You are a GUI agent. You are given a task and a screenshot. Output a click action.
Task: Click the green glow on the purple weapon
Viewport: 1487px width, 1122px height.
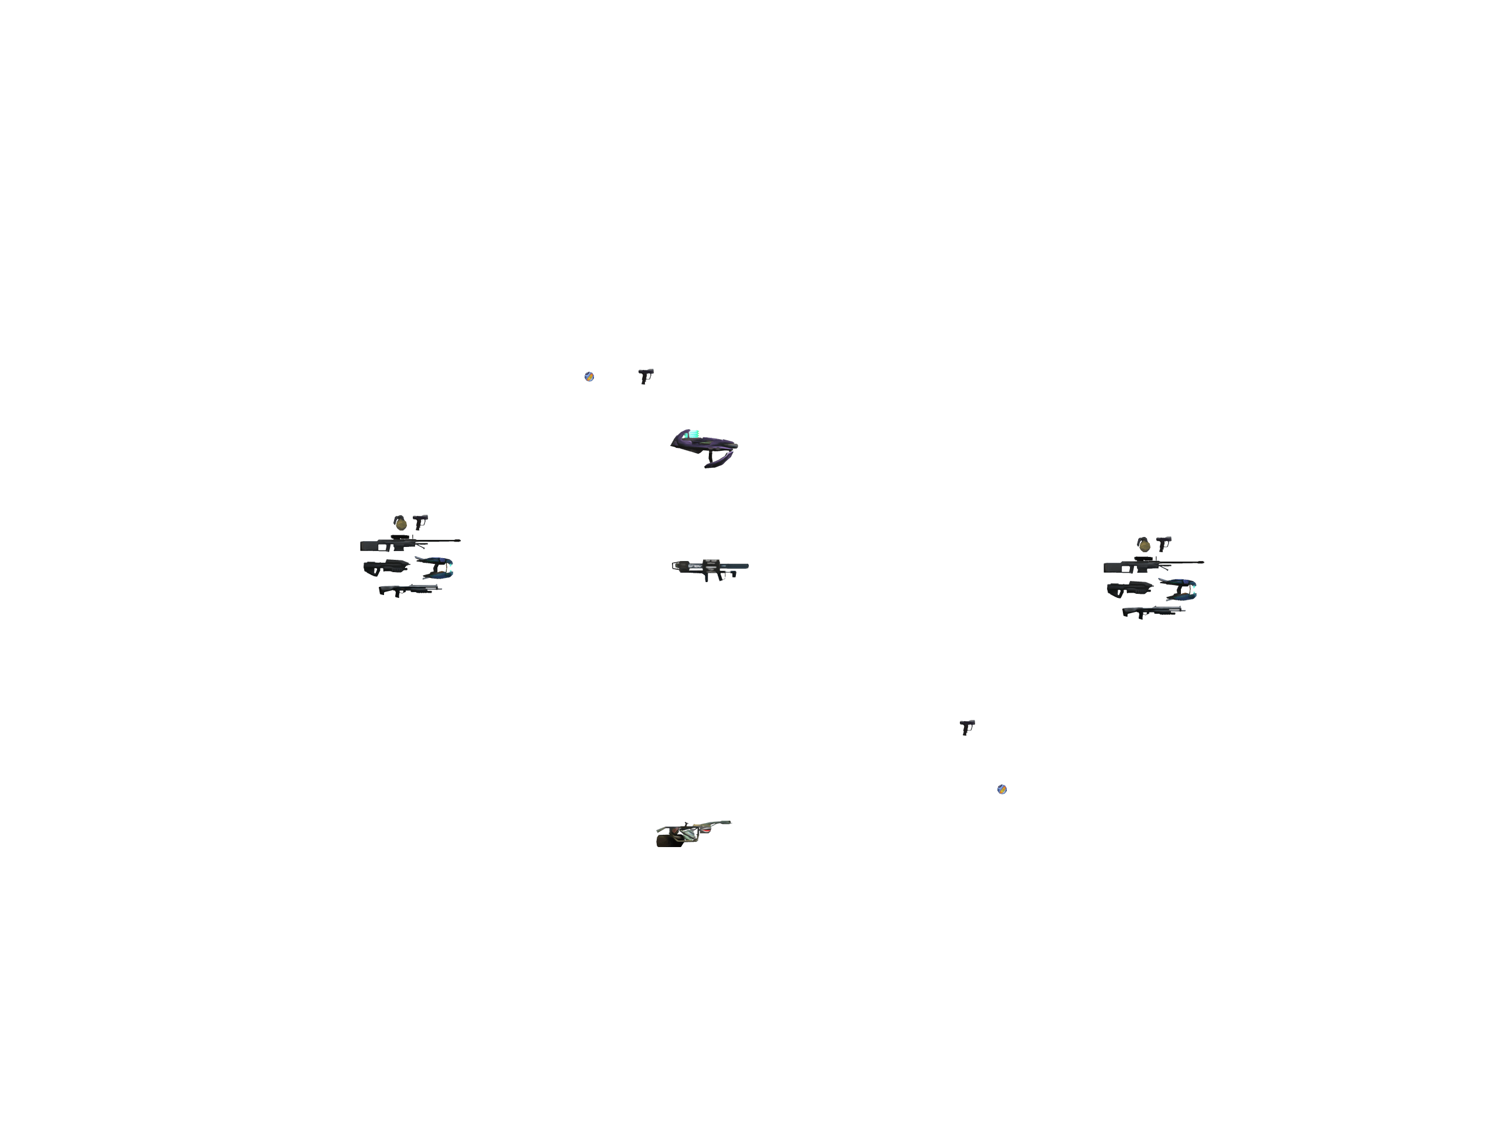[692, 434]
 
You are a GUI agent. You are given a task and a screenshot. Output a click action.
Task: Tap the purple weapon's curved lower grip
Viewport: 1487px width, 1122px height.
[718, 461]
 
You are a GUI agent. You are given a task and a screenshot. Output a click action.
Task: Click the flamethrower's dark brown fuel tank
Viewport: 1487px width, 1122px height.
[666, 839]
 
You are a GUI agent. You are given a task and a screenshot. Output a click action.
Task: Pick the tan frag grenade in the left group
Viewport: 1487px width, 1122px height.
[400, 522]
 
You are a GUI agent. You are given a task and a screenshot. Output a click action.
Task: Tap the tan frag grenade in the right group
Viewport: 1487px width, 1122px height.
[1143, 544]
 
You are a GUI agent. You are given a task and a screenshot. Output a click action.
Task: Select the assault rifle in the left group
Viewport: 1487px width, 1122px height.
[385, 568]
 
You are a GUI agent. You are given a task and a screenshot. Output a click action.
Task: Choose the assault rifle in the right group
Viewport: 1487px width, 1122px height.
[1129, 590]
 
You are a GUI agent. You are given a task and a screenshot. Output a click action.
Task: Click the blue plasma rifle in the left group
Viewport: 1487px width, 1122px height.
[437, 567]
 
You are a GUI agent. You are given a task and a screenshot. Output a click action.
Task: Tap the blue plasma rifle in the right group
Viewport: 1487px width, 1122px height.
[1180, 588]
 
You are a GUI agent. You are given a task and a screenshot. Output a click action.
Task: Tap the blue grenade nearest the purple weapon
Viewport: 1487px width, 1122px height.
[589, 376]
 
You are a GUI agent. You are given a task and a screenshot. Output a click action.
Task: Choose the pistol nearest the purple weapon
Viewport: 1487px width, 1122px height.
[646, 375]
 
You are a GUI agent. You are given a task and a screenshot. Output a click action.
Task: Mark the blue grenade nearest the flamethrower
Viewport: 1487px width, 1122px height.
[1001, 789]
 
